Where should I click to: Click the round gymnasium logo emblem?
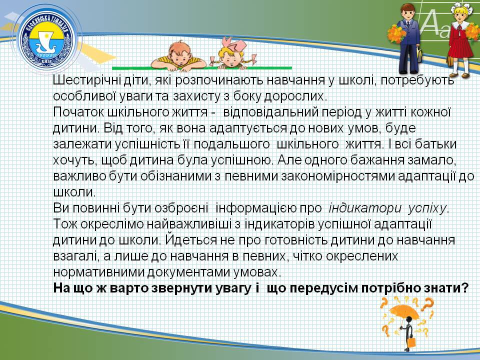pyautogui.click(x=46, y=38)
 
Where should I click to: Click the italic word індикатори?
pyautogui.click(x=364, y=208)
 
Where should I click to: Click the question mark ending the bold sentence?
pyautogui.click(x=464, y=288)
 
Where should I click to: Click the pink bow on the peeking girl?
pyautogui.click(x=234, y=45)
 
